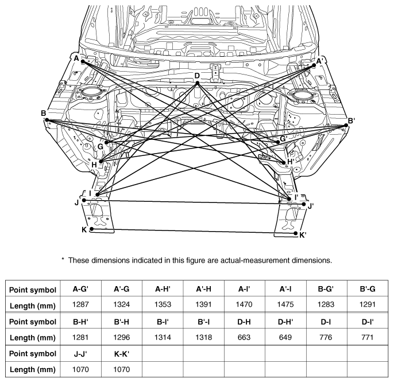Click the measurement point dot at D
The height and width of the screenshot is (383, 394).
(x=197, y=83)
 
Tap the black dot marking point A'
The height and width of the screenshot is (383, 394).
(x=314, y=65)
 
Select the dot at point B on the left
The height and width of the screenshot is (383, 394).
(x=47, y=120)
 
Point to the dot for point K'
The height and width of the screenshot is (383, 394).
(x=295, y=233)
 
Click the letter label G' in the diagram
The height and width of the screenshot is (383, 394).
(x=284, y=138)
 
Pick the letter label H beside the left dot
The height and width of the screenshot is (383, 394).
(x=94, y=165)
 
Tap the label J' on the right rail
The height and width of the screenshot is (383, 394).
(x=311, y=206)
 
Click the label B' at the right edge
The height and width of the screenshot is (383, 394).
(x=351, y=121)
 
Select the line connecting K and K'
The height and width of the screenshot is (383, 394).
(x=194, y=231)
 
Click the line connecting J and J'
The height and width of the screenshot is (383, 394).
(x=194, y=202)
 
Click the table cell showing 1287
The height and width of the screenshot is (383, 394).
(x=80, y=304)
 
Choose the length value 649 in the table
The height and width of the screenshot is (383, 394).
(x=285, y=337)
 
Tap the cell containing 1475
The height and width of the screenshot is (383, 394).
(x=285, y=304)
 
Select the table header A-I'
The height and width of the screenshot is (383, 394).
(x=244, y=289)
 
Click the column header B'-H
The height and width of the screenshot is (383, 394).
(x=122, y=322)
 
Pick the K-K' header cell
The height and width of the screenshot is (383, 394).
(x=122, y=354)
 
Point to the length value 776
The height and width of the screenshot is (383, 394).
(x=326, y=337)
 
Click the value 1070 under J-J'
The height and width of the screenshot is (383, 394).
(x=80, y=369)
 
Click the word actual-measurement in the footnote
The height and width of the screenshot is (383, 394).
(x=255, y=260)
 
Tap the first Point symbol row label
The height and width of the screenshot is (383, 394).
(x=33, y=290)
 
